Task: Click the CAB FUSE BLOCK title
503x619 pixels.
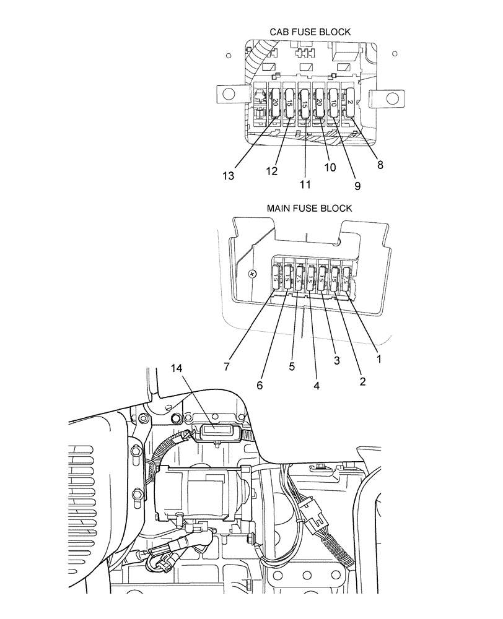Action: [310, 32]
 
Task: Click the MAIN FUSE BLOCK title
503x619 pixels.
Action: [309, 208]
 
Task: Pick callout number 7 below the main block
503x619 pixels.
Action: [227, 366]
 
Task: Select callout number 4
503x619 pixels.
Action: [317, 384]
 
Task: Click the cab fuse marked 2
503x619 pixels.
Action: [350, 102]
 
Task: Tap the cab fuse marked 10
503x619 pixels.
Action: [334, 102]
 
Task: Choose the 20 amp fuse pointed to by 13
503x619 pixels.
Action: [275, 102]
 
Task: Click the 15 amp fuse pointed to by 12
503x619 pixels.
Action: [289, 103]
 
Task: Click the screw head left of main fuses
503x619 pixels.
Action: [252, 273]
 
